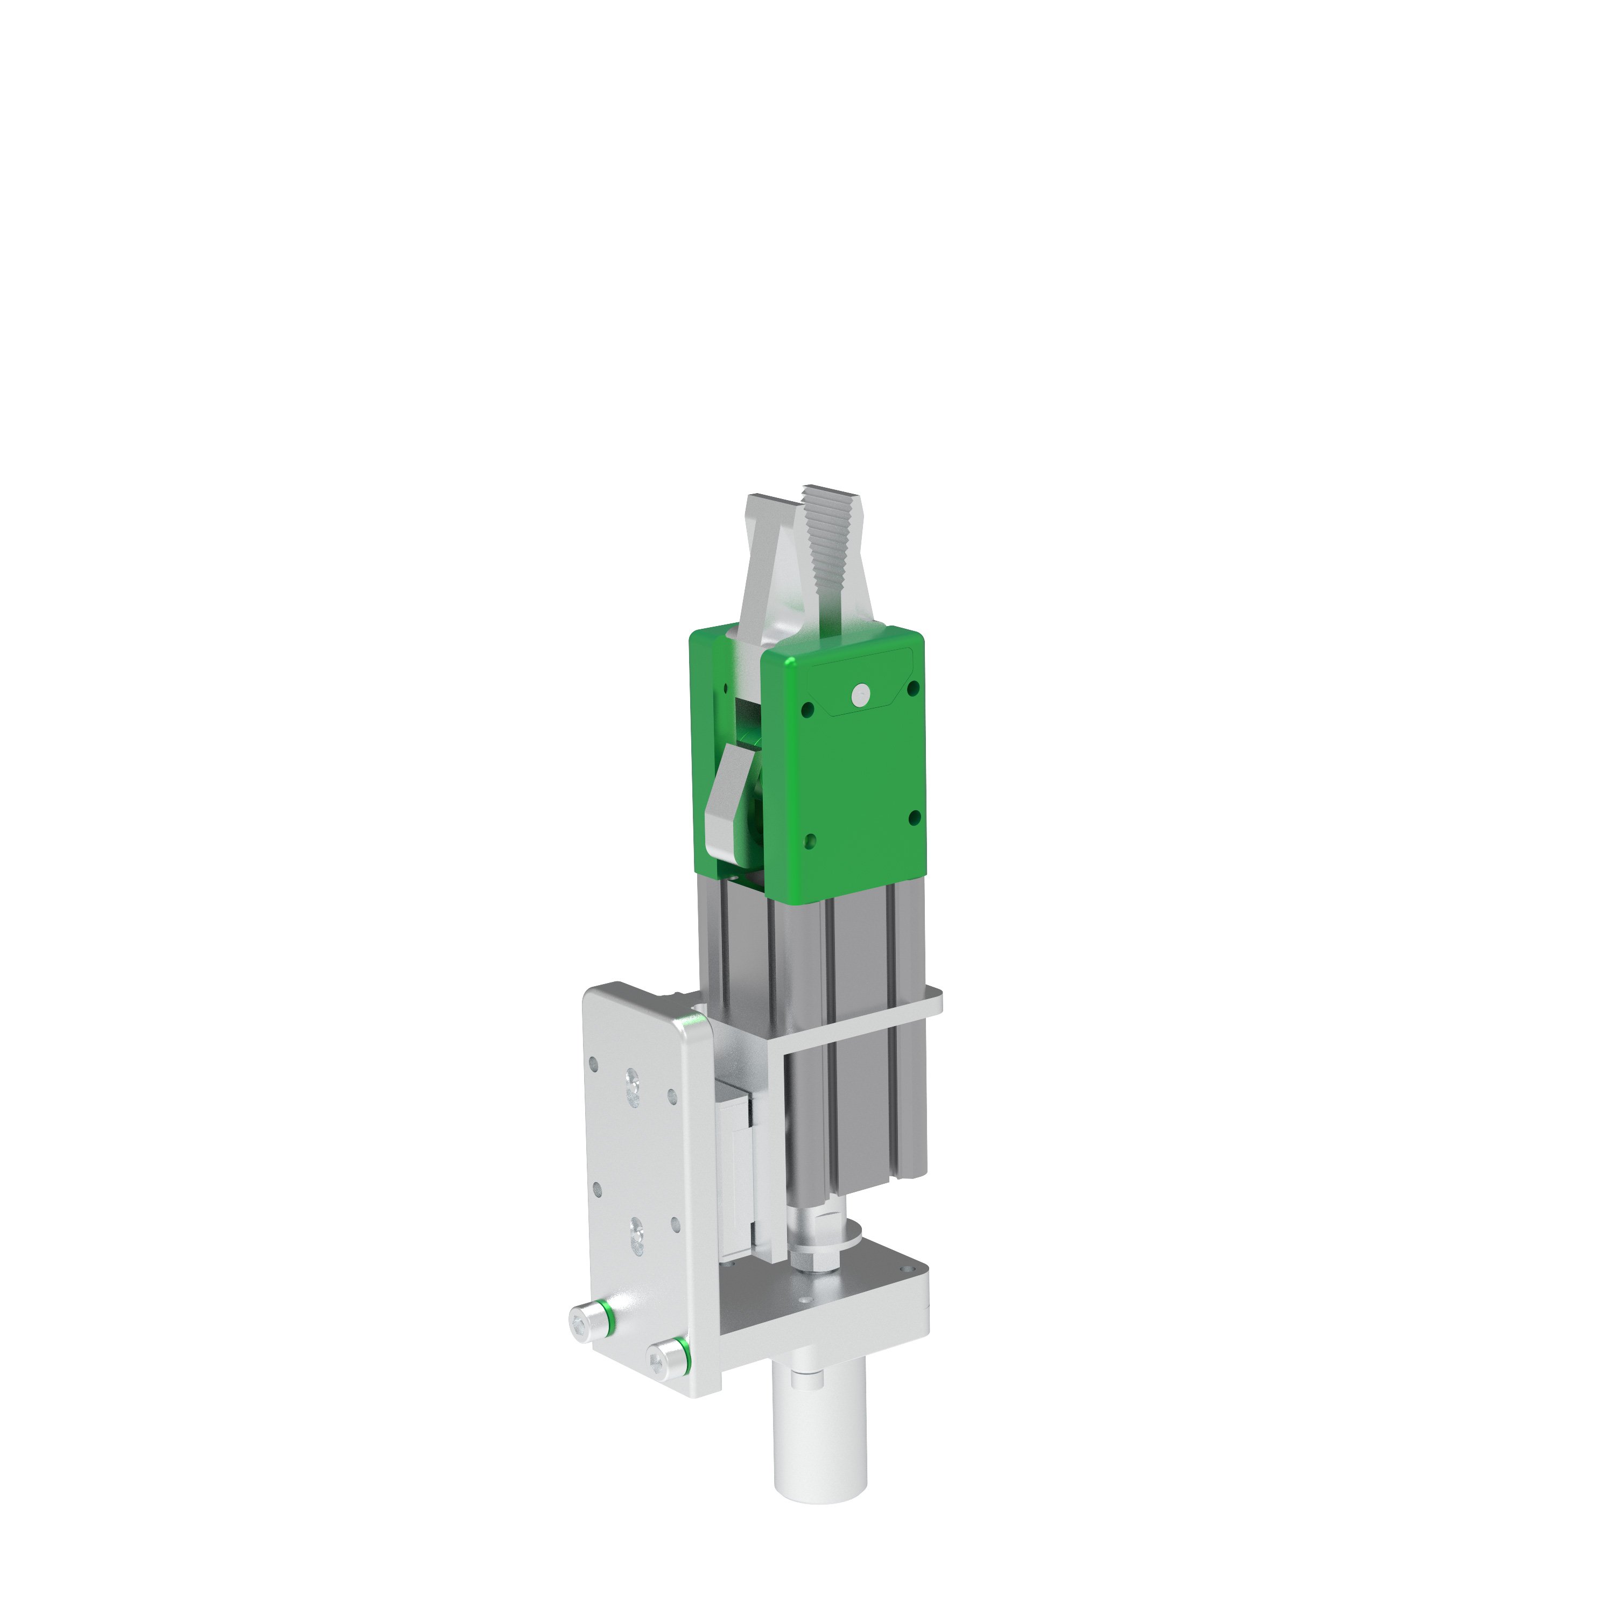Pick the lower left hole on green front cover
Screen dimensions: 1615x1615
[809, 840]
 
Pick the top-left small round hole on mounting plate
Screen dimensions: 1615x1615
[593, 1065]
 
